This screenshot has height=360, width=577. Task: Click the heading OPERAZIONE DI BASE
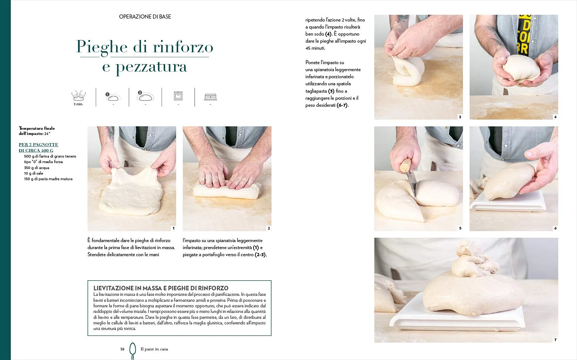[x=145, y=17]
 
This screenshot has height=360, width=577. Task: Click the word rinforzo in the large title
[x=183, y=47]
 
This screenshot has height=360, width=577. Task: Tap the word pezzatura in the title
[x=151, y=67]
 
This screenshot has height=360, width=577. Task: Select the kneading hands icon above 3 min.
[x=78, y=96]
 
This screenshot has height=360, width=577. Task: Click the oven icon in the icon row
[x=178, y=96]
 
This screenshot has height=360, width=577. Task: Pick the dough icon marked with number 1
[x=113, y=97]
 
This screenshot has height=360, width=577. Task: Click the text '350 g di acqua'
[x=37, y=168]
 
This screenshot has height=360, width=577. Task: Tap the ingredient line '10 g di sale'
[x=33, y=174]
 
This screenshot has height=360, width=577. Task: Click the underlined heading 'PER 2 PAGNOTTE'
[x=39, y=145]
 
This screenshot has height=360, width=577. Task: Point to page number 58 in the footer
[x=122, y=349]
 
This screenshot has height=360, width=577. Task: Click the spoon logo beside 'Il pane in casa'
[x=133, y=350]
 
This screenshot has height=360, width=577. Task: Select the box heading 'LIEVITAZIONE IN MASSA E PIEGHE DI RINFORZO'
[x=161, y=288]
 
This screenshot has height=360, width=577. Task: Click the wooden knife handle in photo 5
[x=405, y=165]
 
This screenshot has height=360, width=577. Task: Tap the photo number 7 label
[x=556, y=340]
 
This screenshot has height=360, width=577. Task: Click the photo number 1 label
[x=173, y=228]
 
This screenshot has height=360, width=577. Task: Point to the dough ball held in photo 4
[x=521, y=68]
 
